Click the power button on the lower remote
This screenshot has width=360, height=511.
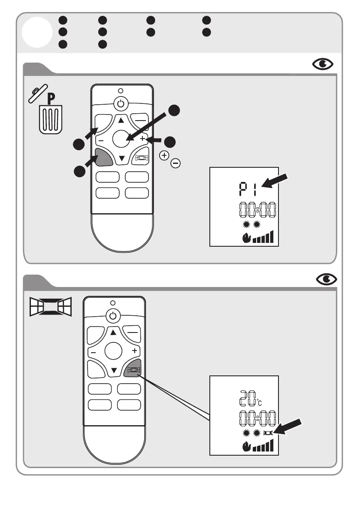[112, 316]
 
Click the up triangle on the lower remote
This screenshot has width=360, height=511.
[113, 333]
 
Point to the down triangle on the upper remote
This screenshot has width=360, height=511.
[122, 159]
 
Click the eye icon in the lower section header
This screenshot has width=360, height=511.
[327, 279]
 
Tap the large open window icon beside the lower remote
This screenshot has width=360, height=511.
[50, 307]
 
